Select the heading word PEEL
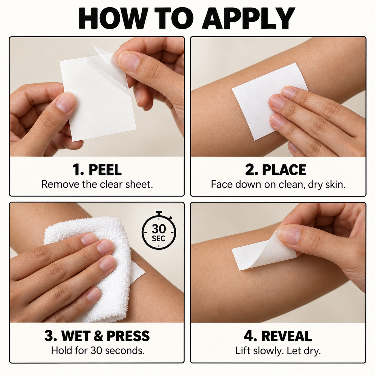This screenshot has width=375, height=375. click(x=105, y=170)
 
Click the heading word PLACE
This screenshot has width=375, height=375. click(x=284, y=170)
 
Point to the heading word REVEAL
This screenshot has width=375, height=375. click(x=287, y=336)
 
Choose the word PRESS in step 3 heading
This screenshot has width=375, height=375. click(x=128, y=336)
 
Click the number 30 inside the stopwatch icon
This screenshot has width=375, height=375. click(x=159, y=229)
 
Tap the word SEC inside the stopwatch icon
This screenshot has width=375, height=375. click(x=159, y=238)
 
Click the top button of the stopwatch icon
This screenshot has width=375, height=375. click(x=159, y=212)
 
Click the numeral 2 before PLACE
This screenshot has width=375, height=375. click(x=249, y=170)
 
